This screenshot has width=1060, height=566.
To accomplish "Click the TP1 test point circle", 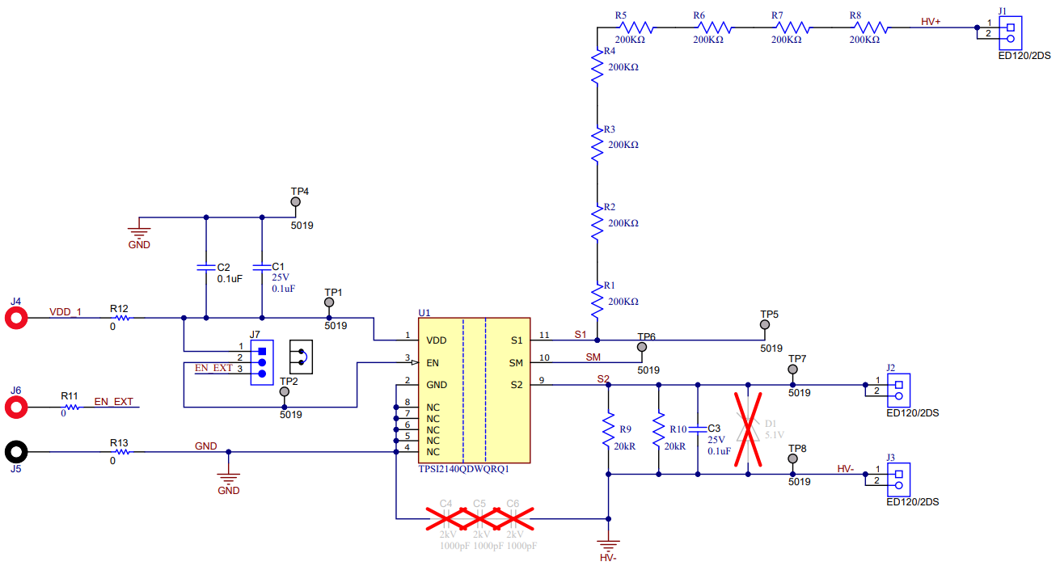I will pos(328,303).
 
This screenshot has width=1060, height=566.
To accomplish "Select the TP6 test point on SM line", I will pos(642,348).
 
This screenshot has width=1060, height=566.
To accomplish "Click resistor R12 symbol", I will pos(119,317).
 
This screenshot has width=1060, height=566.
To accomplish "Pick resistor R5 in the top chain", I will pos(634,27).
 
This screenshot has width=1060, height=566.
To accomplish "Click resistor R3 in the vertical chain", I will pos(597,146).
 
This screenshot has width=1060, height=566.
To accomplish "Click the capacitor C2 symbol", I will pos(206,267).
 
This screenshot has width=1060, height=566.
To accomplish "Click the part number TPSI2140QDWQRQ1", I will pos(463,469).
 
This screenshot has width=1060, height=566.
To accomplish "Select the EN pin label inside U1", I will pos(433,363).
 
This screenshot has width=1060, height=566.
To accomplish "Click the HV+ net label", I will pos(931,22).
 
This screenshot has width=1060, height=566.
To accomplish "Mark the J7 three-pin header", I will pos(261,362).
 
